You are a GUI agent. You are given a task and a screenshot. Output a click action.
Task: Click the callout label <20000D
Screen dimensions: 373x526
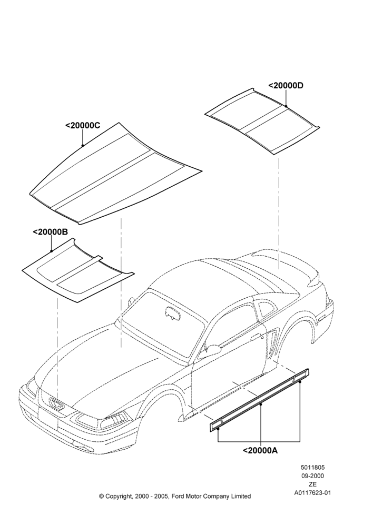(286, 86)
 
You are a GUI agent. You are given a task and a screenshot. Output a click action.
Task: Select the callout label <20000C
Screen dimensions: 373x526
(83, 126)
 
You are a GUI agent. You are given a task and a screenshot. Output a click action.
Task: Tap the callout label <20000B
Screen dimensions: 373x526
(51, 232)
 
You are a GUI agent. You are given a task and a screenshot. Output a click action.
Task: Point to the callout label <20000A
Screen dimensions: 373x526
(260, 451)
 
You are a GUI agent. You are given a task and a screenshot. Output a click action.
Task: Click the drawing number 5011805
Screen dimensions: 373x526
(312, 467)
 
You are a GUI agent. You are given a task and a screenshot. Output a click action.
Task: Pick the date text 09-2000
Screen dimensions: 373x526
(312, 476)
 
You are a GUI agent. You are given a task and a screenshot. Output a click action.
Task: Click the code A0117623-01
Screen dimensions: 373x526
(312, 493)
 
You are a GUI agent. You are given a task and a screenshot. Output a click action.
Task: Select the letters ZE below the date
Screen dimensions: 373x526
(312, 484)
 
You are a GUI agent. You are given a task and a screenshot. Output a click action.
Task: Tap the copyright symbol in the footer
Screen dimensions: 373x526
(102, 496)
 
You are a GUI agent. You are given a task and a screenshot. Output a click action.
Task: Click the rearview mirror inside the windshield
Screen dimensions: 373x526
(172, 311)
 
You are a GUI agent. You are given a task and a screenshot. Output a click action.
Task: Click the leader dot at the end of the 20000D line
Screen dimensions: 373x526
(286, 106)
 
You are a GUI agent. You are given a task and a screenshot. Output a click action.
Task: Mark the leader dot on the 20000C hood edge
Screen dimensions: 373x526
(83, 146)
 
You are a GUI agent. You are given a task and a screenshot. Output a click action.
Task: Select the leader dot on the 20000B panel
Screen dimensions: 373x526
(51, 251)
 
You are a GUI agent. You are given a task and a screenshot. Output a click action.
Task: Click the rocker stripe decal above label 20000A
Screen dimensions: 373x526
(260, 400)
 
